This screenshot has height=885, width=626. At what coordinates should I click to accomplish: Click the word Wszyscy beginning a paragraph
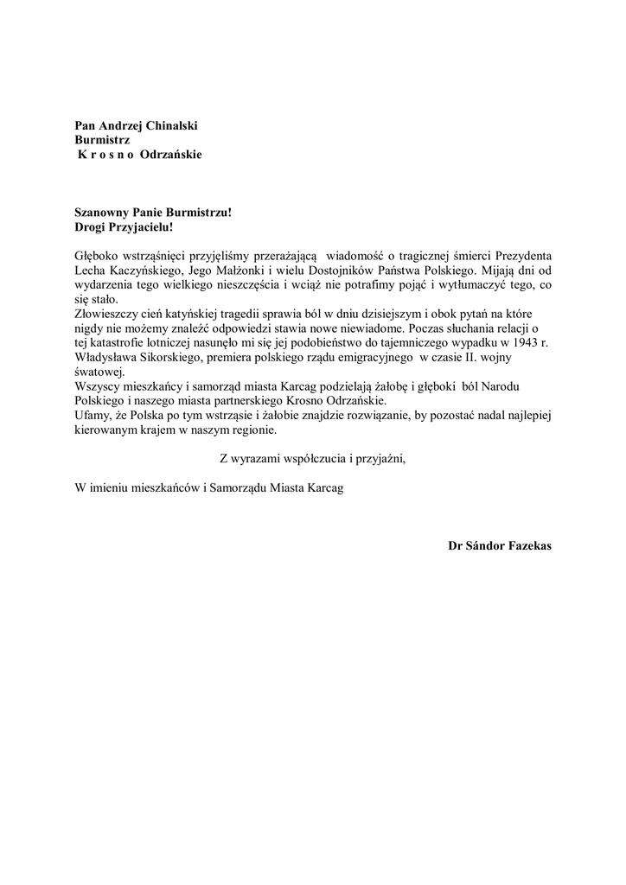point(98,387)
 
